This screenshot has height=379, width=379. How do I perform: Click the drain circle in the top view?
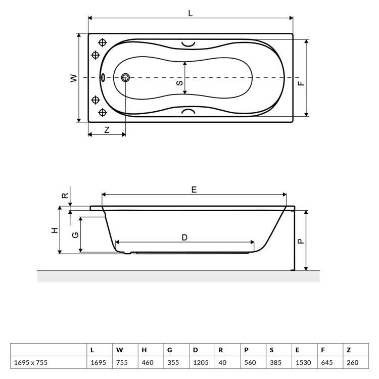125,78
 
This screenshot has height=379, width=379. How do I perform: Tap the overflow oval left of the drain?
103,77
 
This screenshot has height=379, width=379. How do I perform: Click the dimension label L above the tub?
191,13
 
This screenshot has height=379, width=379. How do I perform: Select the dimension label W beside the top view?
74,78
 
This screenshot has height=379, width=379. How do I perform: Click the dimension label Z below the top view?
107,130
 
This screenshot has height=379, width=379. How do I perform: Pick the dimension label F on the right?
301,83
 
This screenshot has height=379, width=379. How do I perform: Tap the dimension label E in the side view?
194,189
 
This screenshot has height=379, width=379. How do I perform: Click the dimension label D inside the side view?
184,238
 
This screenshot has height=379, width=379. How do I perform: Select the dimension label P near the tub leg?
301,241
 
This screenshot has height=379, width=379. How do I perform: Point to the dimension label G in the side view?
75,234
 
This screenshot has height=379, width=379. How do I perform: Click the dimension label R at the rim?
65,196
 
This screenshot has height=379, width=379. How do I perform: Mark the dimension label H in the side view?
55,230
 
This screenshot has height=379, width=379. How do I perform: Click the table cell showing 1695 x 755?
31,362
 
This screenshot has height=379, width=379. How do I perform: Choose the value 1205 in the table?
201,362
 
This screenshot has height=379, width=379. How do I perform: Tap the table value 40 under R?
222,362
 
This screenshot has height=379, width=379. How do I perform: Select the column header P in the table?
246,350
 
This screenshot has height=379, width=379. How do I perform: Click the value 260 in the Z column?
353,362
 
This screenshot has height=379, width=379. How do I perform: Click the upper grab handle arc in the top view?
188,44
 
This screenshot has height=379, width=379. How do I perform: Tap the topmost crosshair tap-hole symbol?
103,42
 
